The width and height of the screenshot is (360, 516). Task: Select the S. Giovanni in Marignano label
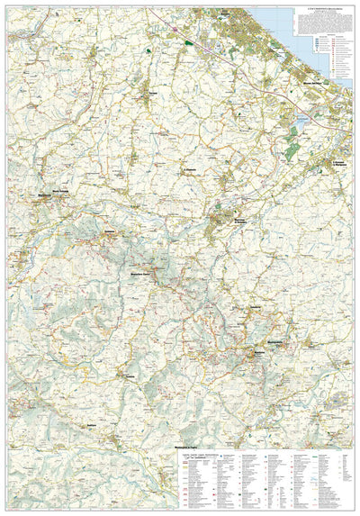tap(338, 163)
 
